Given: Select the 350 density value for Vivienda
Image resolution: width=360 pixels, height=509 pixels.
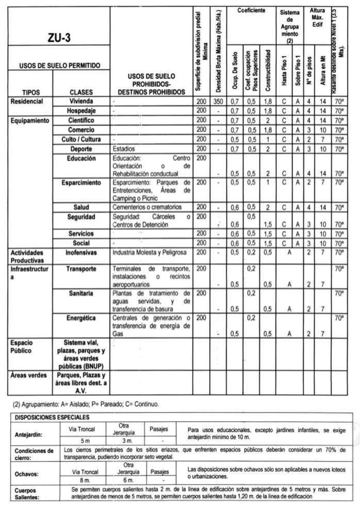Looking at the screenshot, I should [218, 102].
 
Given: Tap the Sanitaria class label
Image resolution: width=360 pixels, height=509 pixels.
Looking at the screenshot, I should [80, 293].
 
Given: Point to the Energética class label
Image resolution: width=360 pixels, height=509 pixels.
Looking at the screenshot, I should [80, 318].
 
